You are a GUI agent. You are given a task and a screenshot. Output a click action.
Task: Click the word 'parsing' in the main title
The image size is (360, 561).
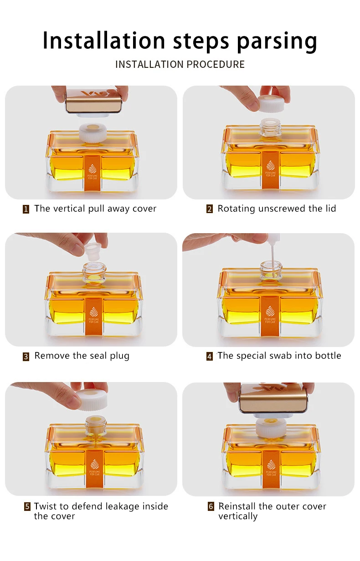(277, 41)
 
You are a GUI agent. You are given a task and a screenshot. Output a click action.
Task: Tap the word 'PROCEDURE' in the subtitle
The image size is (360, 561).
(216, 64)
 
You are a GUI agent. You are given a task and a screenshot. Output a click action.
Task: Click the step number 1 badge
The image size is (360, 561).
(26, 209)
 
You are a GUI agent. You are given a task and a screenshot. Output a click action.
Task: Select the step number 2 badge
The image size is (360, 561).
(210, 209)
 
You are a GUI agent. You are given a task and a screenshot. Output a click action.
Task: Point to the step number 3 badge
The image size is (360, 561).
(26, 357)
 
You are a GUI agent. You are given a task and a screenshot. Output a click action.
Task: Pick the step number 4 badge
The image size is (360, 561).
(210, 356)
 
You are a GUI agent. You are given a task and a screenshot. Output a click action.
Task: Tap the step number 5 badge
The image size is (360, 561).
(27, 507)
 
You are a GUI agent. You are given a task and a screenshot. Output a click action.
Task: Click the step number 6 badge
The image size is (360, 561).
(211, 506)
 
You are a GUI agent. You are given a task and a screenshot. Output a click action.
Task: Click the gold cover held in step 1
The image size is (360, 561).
(93, 101)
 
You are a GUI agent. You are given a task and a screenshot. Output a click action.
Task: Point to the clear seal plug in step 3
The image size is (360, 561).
(93, 250)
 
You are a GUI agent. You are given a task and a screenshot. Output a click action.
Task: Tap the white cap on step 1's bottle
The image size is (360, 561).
(93, 133)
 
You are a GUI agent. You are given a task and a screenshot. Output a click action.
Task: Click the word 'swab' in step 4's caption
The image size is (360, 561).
(264, 356)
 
